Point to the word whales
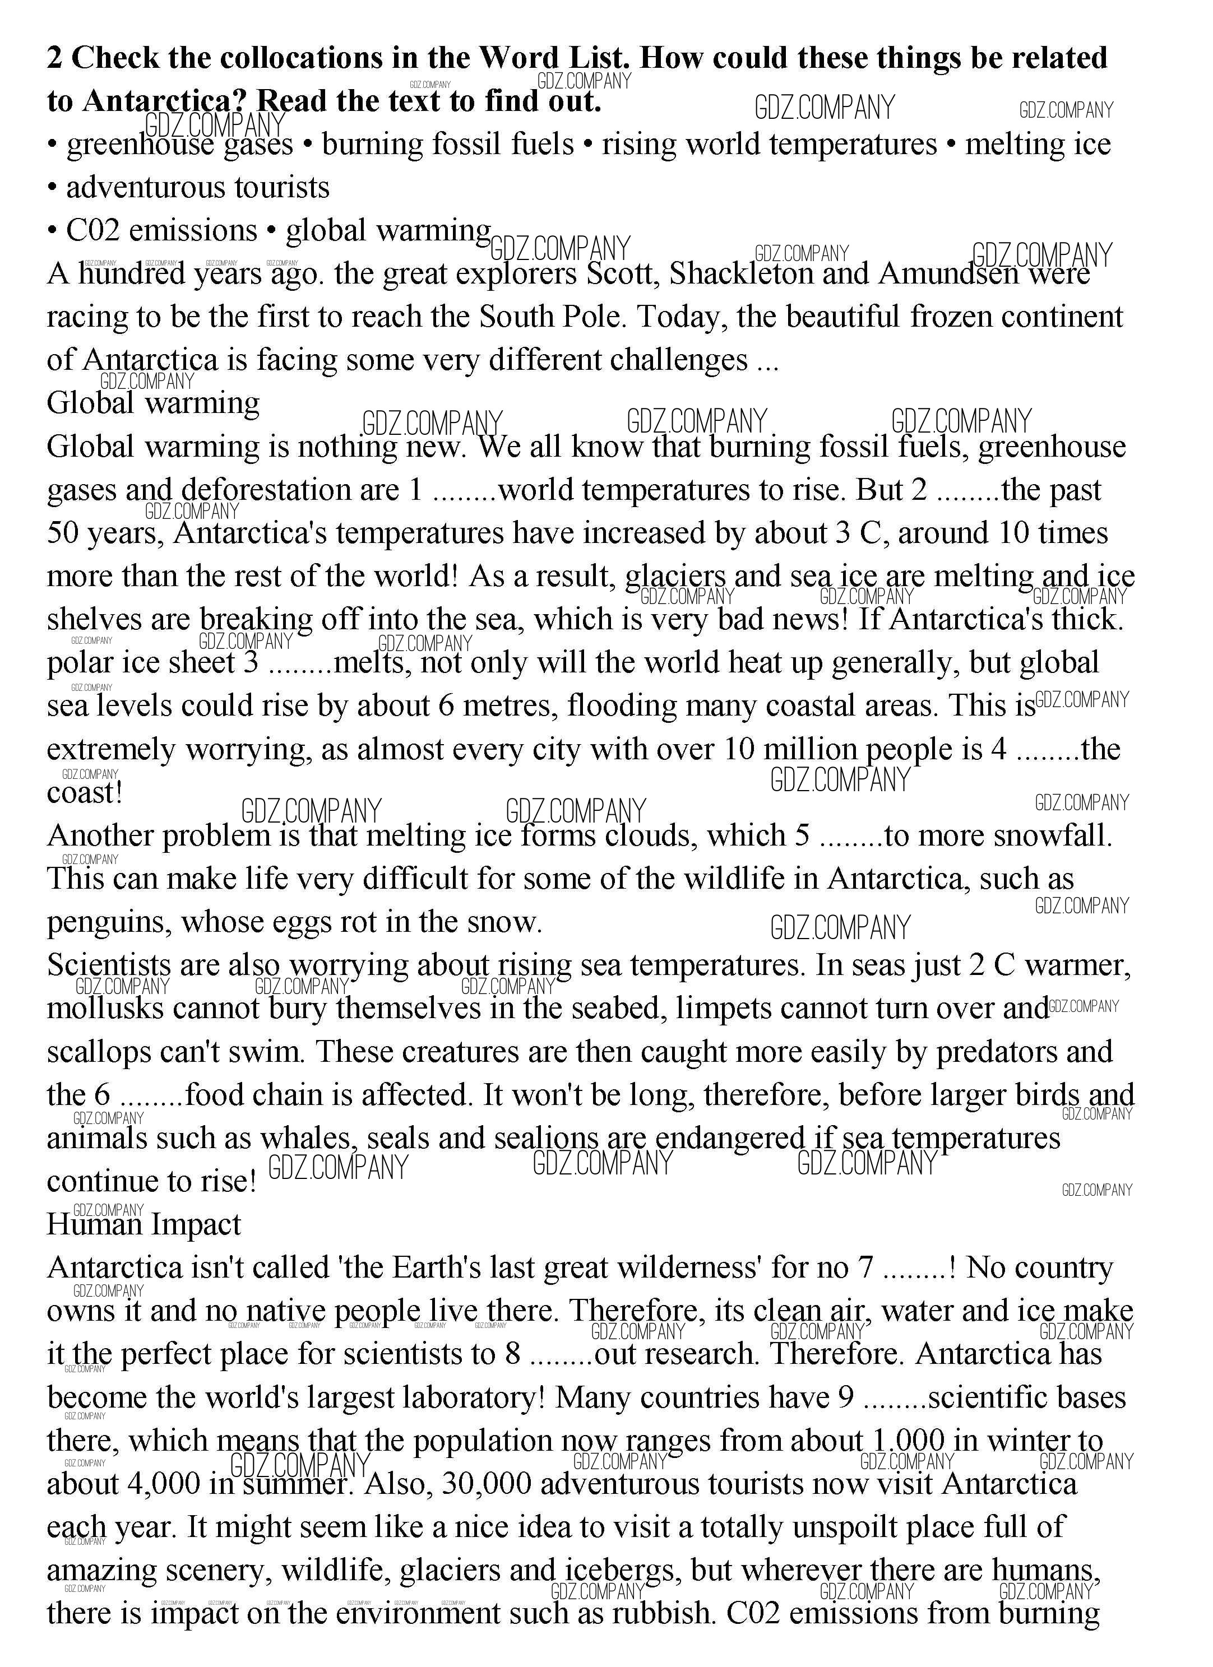tap(308, 1139)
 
